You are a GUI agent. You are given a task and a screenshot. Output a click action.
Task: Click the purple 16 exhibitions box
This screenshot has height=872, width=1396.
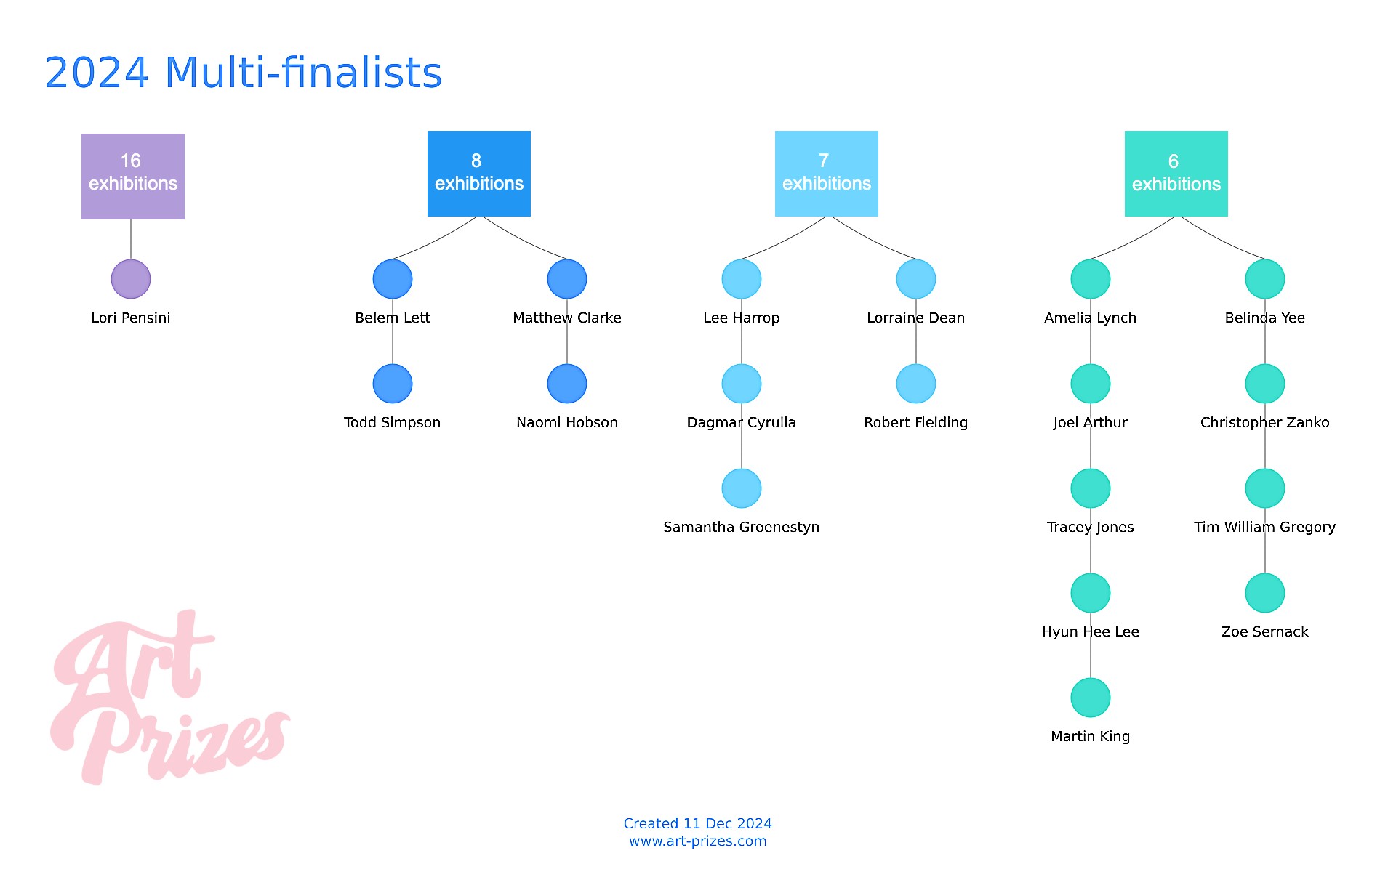(133, 177)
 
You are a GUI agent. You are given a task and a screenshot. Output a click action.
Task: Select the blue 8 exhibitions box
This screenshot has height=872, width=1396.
(479, 174)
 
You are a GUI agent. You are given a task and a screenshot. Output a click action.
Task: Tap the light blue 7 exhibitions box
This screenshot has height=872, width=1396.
(827, 174)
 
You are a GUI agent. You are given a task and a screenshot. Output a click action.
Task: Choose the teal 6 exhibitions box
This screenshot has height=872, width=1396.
(1176, 174)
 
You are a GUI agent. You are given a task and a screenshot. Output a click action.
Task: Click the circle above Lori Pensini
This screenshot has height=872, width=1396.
(131, 279)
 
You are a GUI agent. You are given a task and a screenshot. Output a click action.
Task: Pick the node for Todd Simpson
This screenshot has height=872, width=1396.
(393, 384)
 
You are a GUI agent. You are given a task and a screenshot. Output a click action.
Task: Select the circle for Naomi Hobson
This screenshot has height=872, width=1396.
(567, 384)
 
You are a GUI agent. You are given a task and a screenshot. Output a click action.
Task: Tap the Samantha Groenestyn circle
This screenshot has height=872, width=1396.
(742, 488)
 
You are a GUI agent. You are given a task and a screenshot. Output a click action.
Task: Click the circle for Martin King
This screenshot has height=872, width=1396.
(1091, 698)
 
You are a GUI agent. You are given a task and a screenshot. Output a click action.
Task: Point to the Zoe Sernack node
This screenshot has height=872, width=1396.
(1265, 593)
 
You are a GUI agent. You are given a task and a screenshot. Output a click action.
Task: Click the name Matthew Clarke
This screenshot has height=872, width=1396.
(567, 318)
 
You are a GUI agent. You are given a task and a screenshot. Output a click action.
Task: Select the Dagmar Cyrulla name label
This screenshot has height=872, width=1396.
(742, 422)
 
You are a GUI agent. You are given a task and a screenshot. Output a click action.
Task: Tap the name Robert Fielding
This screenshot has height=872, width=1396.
(916, 422)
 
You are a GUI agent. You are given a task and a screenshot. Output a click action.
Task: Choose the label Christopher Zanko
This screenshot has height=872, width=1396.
(1265, 422)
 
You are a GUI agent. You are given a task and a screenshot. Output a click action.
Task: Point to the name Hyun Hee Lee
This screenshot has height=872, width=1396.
(1091, 631)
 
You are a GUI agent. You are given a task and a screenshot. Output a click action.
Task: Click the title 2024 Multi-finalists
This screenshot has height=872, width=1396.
(244, 73)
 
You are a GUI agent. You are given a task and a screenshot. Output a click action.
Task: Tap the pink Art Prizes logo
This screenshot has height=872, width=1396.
(171, 698)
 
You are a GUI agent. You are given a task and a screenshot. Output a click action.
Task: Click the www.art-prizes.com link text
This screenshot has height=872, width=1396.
(698, 841)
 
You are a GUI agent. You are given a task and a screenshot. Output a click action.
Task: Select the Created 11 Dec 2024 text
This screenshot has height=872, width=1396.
(698, 823)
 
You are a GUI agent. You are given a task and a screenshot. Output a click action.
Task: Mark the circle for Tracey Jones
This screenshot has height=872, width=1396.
(1091, 488)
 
